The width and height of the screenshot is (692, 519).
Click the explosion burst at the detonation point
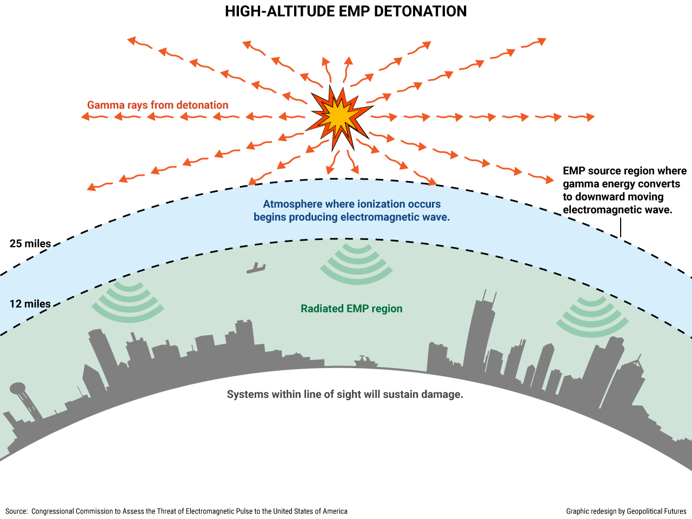339,117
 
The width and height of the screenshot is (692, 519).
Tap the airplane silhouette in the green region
256,268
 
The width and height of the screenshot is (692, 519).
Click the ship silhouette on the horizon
366,362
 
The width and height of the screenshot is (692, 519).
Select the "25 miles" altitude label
30,244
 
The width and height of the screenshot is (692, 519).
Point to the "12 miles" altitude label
30,304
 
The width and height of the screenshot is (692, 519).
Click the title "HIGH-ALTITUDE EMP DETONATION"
346,11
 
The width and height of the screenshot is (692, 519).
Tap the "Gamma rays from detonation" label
158,105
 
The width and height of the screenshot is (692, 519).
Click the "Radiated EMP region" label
351,309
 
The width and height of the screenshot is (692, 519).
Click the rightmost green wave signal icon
592,316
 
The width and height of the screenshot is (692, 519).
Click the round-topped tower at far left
18,388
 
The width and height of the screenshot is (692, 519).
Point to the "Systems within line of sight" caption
345,394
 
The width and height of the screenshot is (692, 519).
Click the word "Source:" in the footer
17,511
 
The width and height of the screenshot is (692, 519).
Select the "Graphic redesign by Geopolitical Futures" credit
626,511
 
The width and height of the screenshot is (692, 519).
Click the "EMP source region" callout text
624,190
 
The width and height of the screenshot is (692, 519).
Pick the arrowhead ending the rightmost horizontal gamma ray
590,117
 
